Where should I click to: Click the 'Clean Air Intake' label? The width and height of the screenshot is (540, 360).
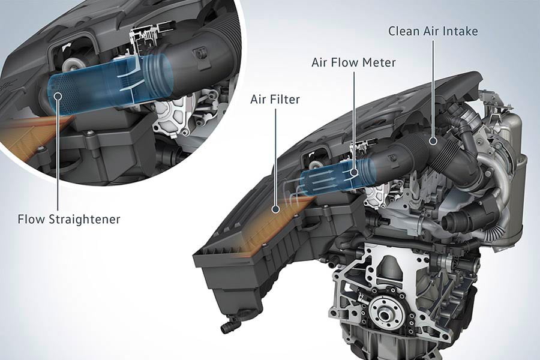click(x=433, y=31)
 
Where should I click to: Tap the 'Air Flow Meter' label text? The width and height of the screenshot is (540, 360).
click(x=353, y=62)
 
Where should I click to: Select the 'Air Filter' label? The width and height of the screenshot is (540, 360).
click(x=275, y=100)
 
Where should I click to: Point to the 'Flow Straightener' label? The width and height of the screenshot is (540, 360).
click(x=69, y=219)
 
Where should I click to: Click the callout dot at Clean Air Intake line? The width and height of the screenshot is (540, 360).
click(x=433, y=140)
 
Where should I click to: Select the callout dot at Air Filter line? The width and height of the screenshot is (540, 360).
click(x=275, y=209)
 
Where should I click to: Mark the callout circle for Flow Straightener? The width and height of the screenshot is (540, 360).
click(x=58, y=96)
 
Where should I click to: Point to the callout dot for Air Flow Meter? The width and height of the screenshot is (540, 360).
click(x=353, y=172)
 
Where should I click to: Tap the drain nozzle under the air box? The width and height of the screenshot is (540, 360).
click(x=228, y=326)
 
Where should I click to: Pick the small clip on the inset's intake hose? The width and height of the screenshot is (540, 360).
click(x=199, y=54)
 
